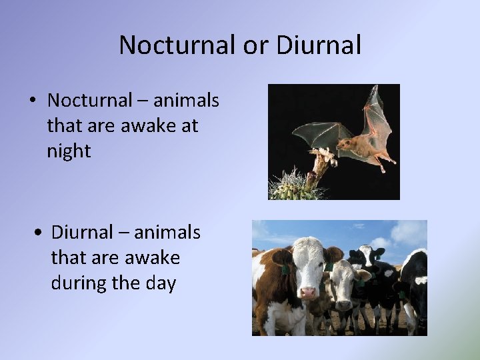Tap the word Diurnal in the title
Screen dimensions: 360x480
pyautogui.click(x=318, y=45)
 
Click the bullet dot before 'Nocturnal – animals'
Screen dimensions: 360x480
pyautogui.click(x=32, y=101)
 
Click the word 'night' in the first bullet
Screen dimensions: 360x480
pyautogui.click(x=69, y=151)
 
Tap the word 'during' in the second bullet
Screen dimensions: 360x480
pyautogui.click(x=79, y=283)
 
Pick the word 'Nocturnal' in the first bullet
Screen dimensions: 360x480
pyautogui.click(x=89, y=100)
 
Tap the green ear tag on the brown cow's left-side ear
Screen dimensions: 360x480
pyautogui.click(x=285, y=269)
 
